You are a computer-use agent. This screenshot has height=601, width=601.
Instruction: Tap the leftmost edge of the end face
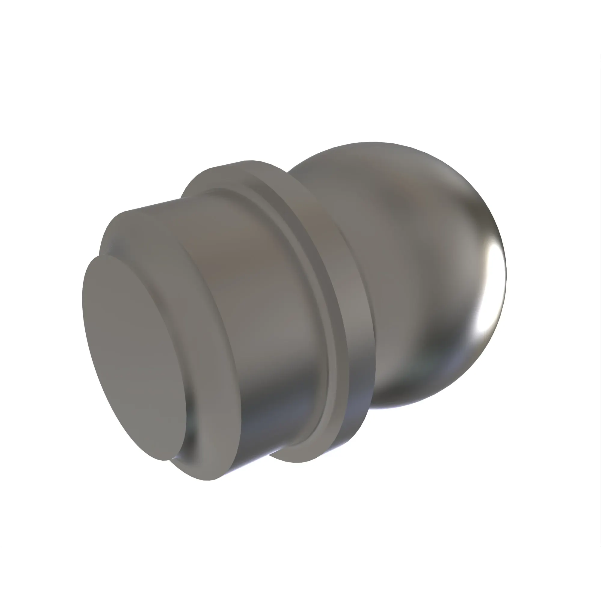coord(83,299)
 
